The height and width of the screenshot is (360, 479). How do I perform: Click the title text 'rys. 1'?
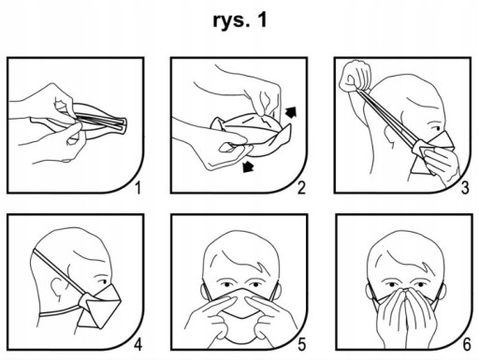[x=239, y=21]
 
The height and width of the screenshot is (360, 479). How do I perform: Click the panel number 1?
[x=138, y=188]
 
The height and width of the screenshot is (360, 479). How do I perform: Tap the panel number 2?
[x=301, y=188]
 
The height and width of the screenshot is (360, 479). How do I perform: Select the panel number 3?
[x=465, y=188]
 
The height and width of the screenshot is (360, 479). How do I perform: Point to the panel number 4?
[x=138, y=345]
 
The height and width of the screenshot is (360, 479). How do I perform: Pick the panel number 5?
[x=301, y=345]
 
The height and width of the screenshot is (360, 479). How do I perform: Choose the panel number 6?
[x=466, y=345]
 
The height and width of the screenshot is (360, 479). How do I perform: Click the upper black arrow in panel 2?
[x=291, y=112]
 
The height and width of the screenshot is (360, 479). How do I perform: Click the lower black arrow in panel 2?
[x=248, y=166]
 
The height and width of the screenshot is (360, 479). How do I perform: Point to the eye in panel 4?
[x=102, y=281]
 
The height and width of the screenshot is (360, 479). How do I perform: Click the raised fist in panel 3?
[x=356, y=77]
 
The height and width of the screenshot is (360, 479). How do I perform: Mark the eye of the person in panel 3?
[x=436, y=128]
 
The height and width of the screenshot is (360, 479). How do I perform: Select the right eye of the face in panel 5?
[x=254, y=284]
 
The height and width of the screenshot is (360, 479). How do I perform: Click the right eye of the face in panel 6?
[x=419, y=284]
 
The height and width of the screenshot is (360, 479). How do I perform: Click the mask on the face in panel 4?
[x=100, y=307]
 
